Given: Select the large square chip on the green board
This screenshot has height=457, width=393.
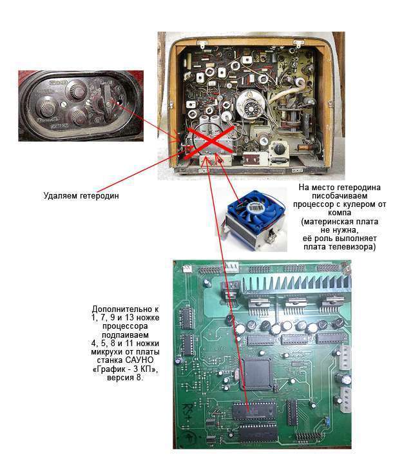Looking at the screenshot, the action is (x=257, y=373).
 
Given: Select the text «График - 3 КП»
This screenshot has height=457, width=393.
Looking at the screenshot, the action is (x=125, y=369).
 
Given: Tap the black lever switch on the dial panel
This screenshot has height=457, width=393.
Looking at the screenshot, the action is (x=107, y=100).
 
